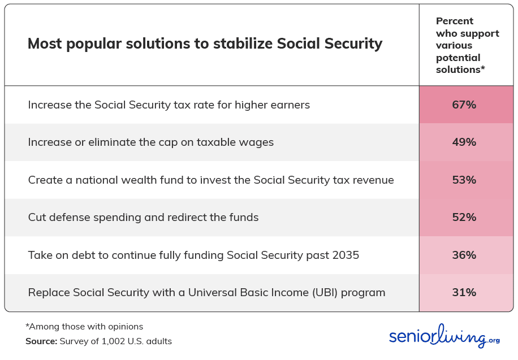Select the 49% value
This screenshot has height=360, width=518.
pos(464,142)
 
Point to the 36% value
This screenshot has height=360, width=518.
pos(464,255)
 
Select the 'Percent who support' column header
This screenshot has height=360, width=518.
pos(468,45)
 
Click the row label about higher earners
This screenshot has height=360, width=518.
pos(169,105)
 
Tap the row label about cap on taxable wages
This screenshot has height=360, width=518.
pos(150,142)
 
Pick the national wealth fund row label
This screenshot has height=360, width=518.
pos(211,180)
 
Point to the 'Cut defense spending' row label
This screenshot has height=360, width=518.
pos(143,218)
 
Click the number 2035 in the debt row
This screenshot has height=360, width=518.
pos(346,255)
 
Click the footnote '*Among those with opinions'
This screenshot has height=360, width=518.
pos(84,327)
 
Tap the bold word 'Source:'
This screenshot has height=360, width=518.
pos(41,341)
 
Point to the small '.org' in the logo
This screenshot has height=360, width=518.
pos(493,341)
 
